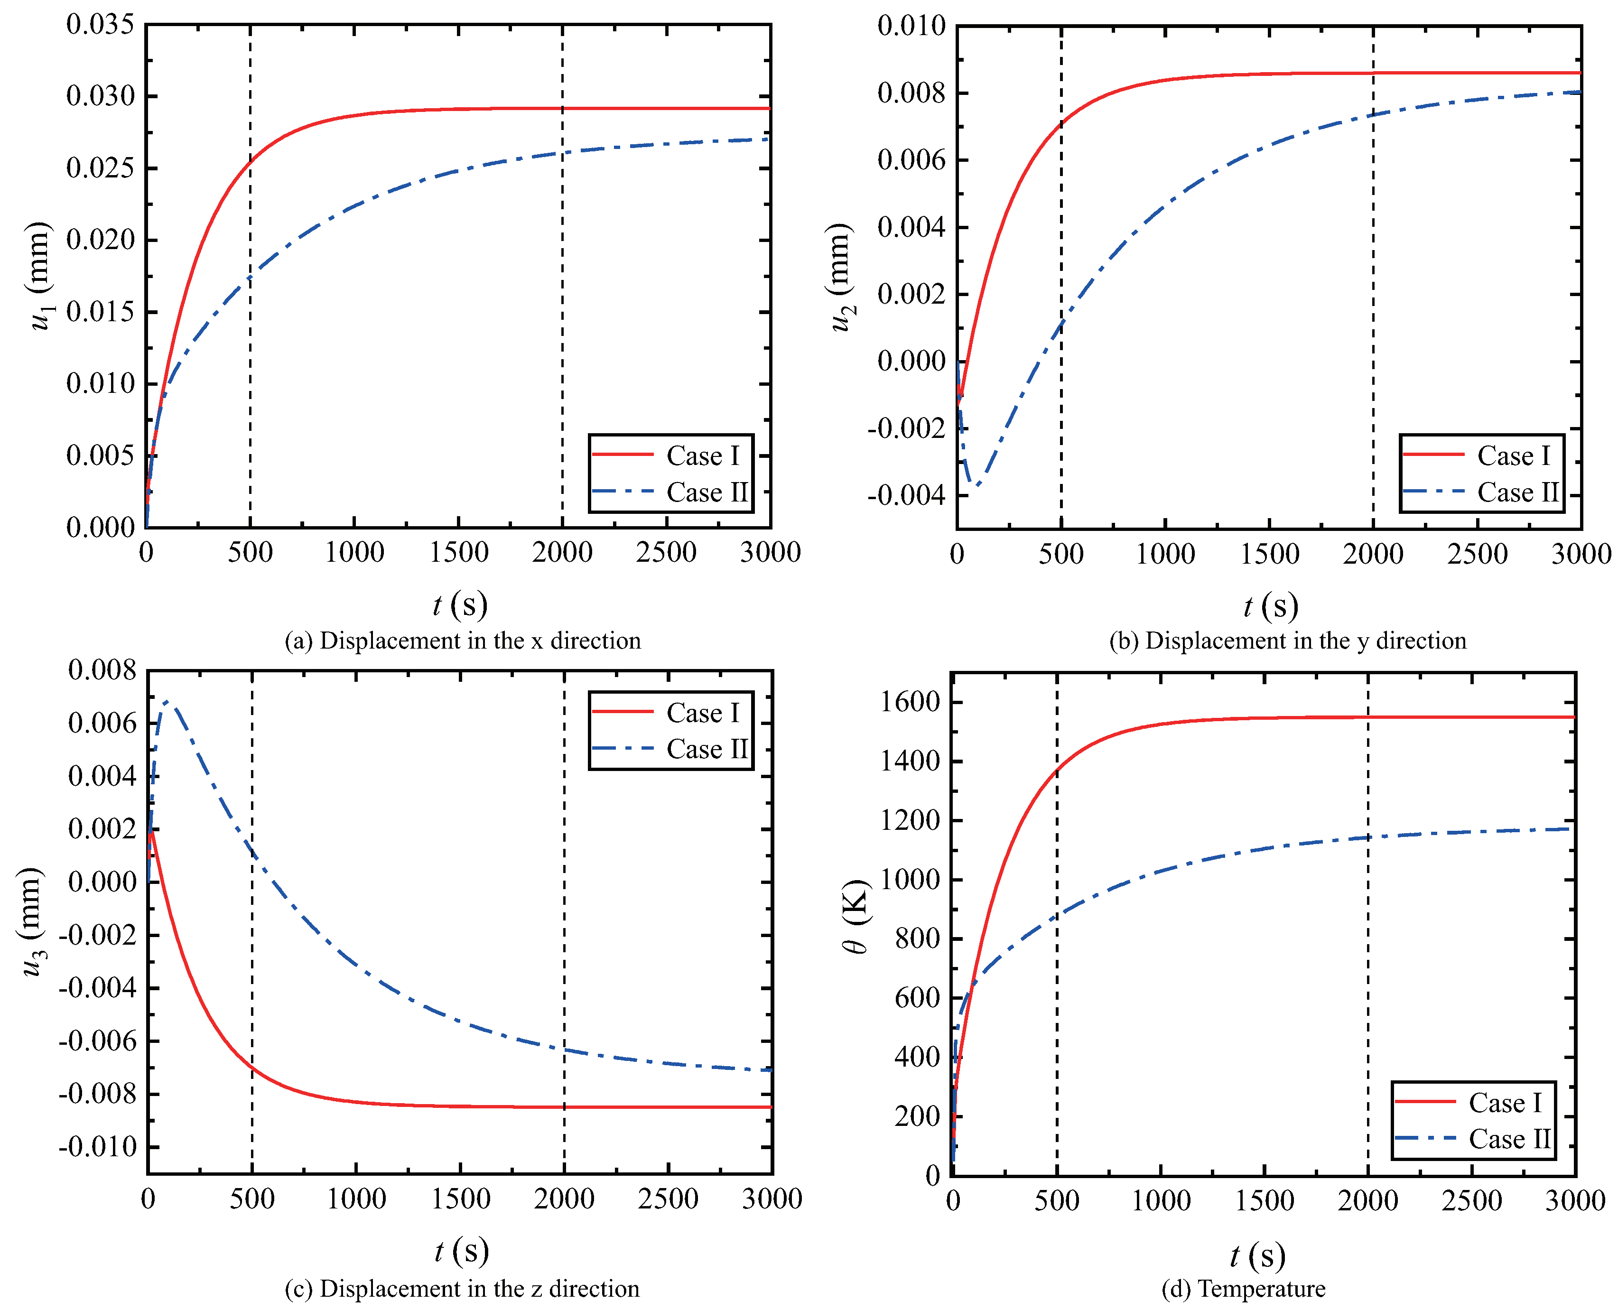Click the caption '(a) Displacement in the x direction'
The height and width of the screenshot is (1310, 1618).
(x=462, y=641)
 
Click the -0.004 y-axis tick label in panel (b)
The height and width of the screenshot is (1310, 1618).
(x=906, y=496)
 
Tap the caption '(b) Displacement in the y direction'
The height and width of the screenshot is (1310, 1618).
(x=1287, y=641)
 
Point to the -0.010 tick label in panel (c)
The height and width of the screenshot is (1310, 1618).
(x=98, y=1147)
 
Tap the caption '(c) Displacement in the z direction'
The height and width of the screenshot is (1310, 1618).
(x=462, y=1288)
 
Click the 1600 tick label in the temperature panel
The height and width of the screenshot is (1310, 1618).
(x=910, y=702)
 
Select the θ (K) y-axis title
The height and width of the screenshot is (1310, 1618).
(x=856, y=916)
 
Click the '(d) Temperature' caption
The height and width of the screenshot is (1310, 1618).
(x=1243, y=1288)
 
